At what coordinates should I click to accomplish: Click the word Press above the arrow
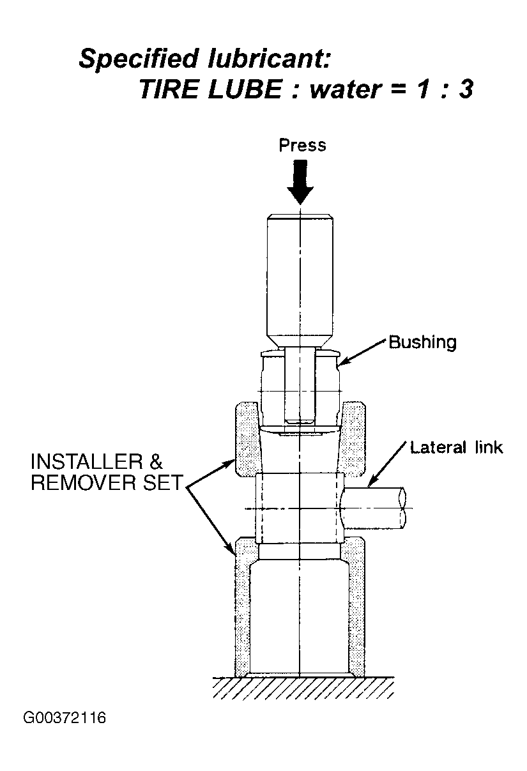(302, 145)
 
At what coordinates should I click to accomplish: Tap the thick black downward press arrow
(300, 182)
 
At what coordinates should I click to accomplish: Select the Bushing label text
(423, 343)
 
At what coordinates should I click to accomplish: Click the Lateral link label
(457, 448)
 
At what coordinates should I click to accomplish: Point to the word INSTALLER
(87, 462)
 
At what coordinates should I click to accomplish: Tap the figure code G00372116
(65, 719)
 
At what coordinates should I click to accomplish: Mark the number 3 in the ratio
(466, 89)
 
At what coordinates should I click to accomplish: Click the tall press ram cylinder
(300, 280)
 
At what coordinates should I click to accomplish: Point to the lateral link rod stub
(374, 508)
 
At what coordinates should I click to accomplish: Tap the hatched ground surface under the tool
(303, 688)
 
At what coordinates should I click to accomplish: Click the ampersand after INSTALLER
(156, 462)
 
